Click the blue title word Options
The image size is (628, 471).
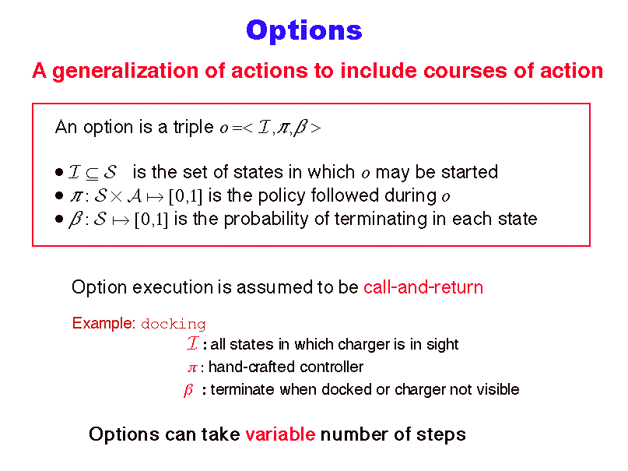pyautogui.click(x=304, y=31)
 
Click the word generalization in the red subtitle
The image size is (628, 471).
pyautogui.click(x=125, y=72)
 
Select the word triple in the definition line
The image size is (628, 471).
pyautogui.click(x=194, y=128)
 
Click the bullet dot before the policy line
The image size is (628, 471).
pyautogui.click(x=59, y=196)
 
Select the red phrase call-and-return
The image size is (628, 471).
pyautogui.click(x=423, y=287)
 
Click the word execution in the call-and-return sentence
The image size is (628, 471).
pyautogui.click(x=173, y=287)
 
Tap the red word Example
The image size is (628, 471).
pyautogui.click(x=103, y=323)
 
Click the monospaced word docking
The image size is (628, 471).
pyautogui.click(x=174, y=324)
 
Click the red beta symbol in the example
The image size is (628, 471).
pyautogui.click(x=188, y=390)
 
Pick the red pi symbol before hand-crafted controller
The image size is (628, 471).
pyautogui.click(x=192, y=368)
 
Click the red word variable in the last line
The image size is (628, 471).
pyautogui.click(x=280, y=434)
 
